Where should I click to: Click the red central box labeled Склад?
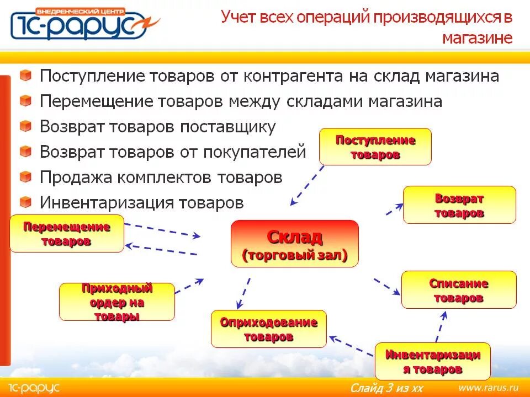click(x=294, y=244)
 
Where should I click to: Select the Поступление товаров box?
click(x=375, y=147)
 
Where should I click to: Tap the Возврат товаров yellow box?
click(x=459, y=205)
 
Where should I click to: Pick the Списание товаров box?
click(x=459, y=290)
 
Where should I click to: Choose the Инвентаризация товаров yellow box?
click(x=432, y=362)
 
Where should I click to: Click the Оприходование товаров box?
click(x=269, y=329)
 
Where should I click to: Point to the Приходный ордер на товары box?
click(x=116, y=302)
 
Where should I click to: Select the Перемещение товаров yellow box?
click(x=67, y=234)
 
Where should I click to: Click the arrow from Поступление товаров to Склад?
click(x=308, y=185)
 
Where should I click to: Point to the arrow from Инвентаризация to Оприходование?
click(x=351, y=344)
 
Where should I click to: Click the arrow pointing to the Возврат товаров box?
click(x=394, y=209)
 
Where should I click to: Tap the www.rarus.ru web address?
click(x=488, y=387)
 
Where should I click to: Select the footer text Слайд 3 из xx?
click(x=386, y=388)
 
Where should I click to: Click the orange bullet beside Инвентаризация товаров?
click(x=25, y=202)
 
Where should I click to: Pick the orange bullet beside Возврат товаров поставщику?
click(x=25, y=127)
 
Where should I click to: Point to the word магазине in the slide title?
click(x=477, y=37)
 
